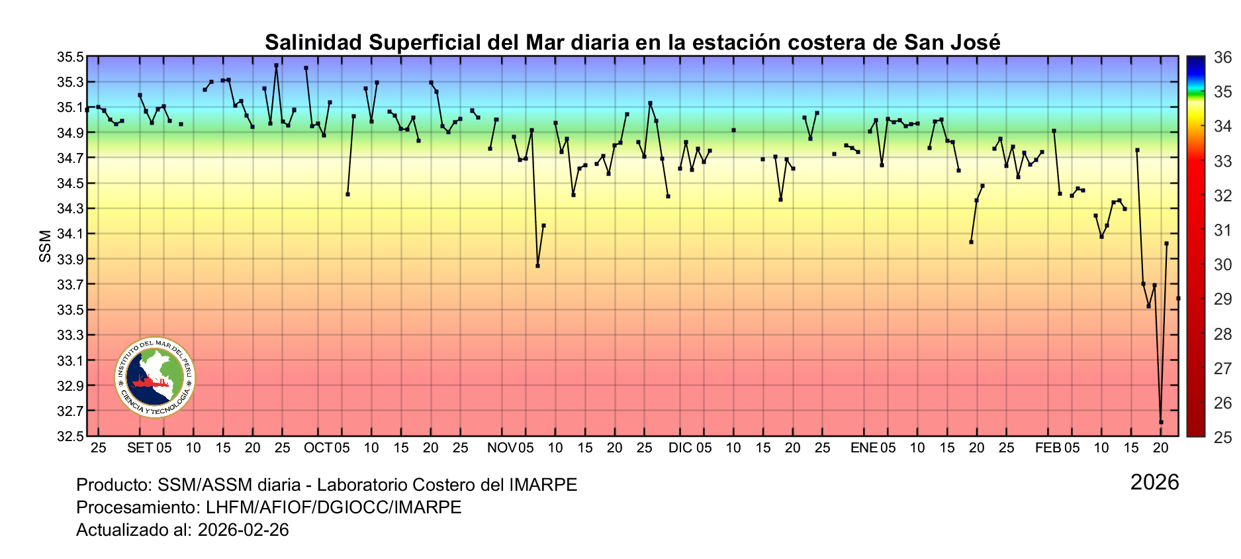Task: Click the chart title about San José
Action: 632,42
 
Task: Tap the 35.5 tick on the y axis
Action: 71,57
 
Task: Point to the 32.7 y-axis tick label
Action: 71,411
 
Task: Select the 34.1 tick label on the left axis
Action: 71,234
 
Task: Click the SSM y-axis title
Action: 45,246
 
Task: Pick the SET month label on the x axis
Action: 140,448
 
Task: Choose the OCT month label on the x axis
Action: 318,448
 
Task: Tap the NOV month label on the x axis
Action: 502,448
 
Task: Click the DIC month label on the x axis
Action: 680,448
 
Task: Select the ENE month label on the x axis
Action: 864,448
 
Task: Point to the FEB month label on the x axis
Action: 1048,448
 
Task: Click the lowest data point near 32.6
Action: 1161,422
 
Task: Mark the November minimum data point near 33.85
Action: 537,266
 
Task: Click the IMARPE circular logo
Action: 155,378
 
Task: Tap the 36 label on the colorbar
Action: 1222,58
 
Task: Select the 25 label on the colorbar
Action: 1222,437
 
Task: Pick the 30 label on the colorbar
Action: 1222,265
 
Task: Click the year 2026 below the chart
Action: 1154,482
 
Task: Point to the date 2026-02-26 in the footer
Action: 243,530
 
